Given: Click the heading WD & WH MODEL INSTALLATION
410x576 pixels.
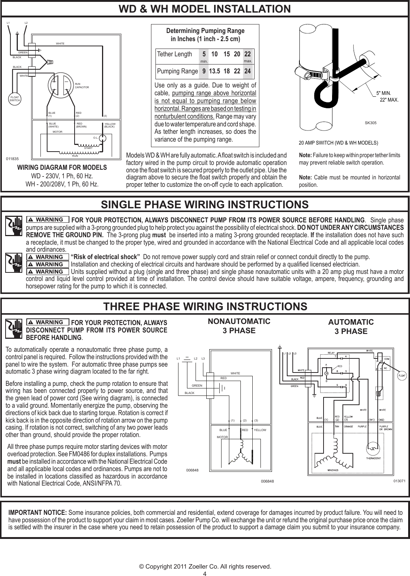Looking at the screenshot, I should pyautogui.click(x=205, y=9).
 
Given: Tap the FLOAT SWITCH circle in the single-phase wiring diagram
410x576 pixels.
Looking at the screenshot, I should pyautogui.click(x=15, y=99).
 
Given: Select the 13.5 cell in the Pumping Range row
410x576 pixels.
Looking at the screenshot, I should pyautogui.click(x=214, y=71).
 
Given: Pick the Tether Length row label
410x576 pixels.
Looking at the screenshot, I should pyautogui.click(x=175, y=54).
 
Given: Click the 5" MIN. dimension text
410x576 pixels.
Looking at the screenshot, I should pyautogui.click(x=384, y=93).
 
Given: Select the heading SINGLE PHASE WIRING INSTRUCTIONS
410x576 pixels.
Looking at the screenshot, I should pyautogui.click(x=205, y=205).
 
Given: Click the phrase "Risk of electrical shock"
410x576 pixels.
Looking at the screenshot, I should pyautogui.click(x=105, y=257).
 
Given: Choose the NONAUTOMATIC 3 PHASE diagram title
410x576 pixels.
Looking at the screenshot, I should pyautogui.click(x=239, y=325).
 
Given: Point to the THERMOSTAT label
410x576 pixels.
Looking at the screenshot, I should pyautogui.click(x=375, y=458).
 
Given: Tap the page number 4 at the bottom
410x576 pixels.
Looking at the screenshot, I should pyautogui.click(x=205, y=573).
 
